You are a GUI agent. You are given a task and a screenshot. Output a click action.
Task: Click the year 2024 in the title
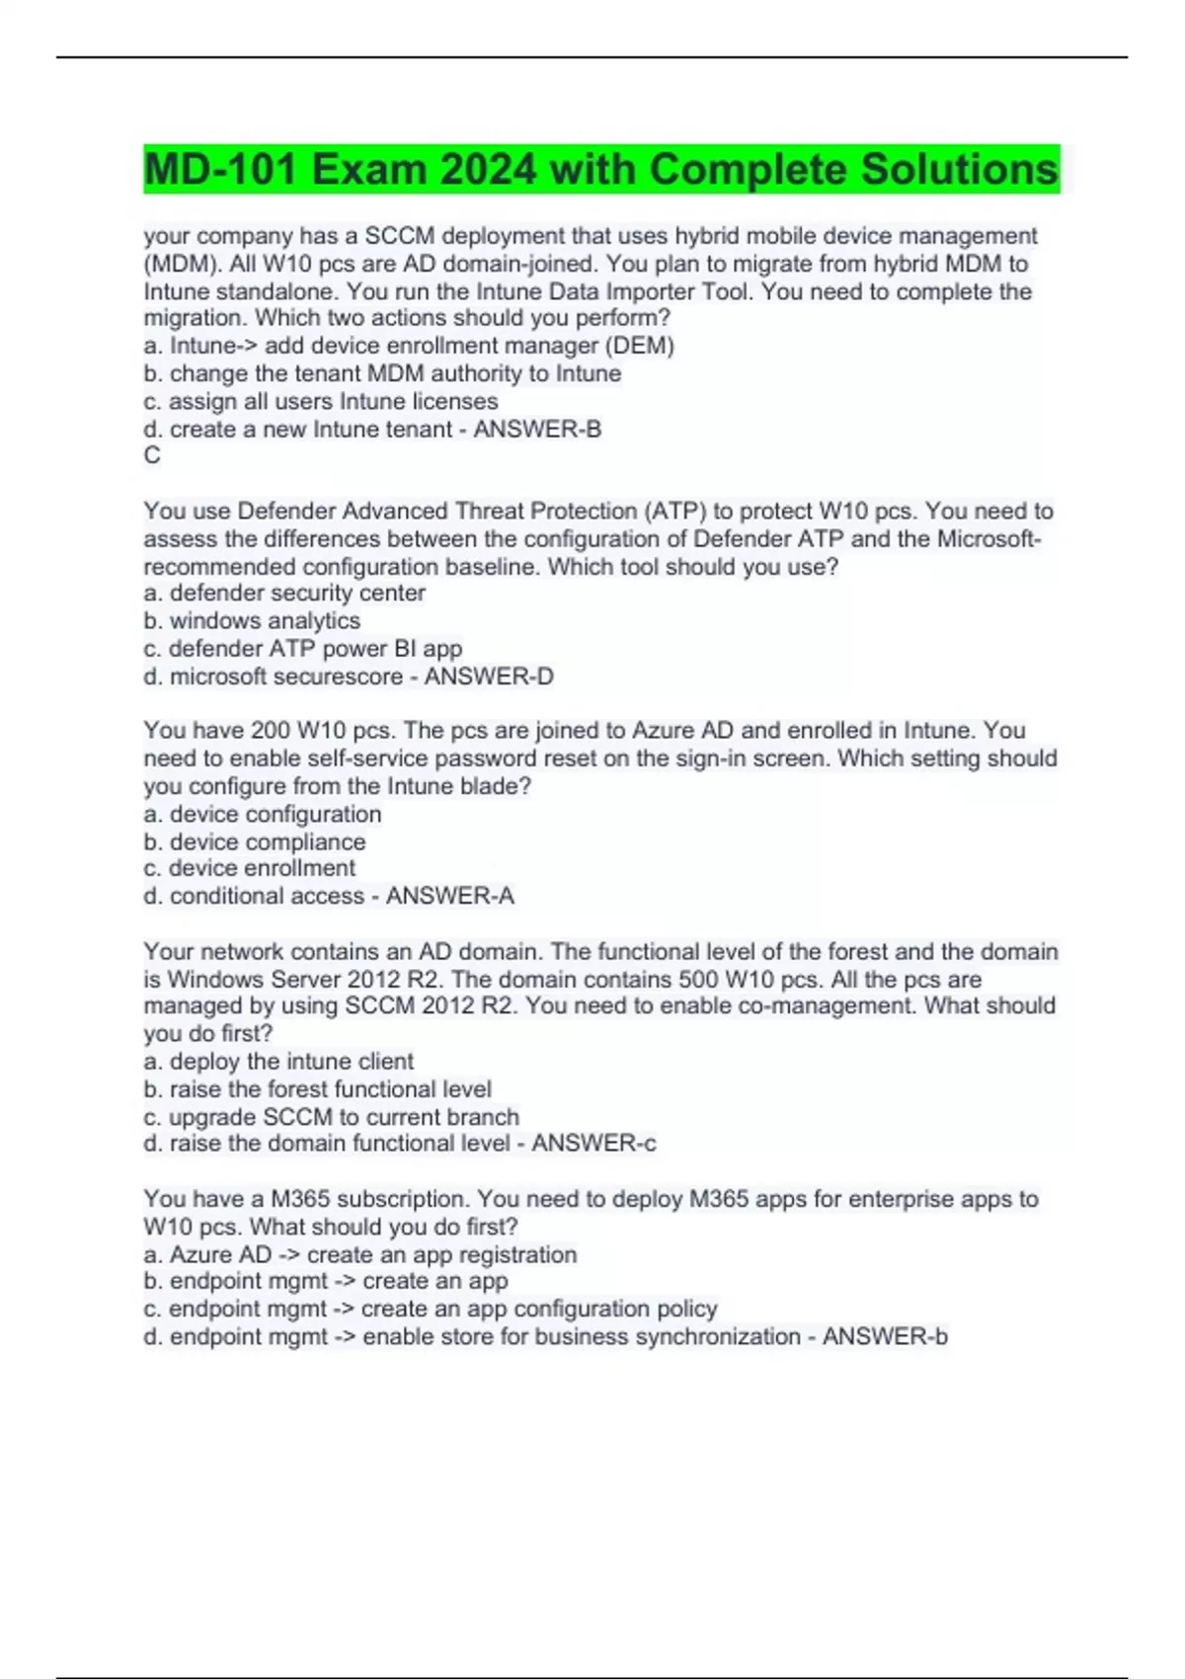(x=489, y=170)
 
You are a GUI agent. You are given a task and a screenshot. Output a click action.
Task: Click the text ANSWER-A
(x=450, y=896)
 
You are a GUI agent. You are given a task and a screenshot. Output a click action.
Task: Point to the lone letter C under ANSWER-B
(x=152, y=455)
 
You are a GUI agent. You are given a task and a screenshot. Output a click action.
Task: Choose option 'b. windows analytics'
(x=252, y=621)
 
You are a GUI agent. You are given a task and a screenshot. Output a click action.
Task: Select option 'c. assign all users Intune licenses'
(x=321, y=402)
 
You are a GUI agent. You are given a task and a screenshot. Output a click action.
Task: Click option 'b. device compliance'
(x=255, y=842)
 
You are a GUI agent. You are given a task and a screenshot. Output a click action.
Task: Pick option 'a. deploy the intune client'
(x=278, y=1062)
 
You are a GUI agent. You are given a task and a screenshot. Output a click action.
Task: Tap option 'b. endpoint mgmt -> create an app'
(x=326, y=1281)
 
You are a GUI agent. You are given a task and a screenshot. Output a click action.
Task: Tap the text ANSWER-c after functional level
(x=594, y=1144)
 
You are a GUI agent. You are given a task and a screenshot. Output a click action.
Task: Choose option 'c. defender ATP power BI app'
(x=303, y=649)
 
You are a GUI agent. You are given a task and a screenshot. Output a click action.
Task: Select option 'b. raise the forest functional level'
(x=318, y=1089)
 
